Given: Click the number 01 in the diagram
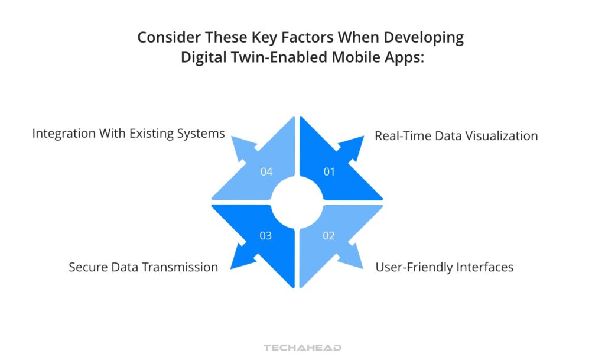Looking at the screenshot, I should click(x=329, y=171).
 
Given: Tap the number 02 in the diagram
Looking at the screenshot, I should click(x=329, y=236).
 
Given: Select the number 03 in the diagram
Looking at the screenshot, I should click(x=266, y=236).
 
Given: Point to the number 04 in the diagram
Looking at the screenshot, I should click(x=266, y=171).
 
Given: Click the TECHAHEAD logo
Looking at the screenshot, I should click(x=302, y=348).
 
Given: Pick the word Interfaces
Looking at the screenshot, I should click(x=486, y=267).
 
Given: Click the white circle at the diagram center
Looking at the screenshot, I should click(x=297, y=202).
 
